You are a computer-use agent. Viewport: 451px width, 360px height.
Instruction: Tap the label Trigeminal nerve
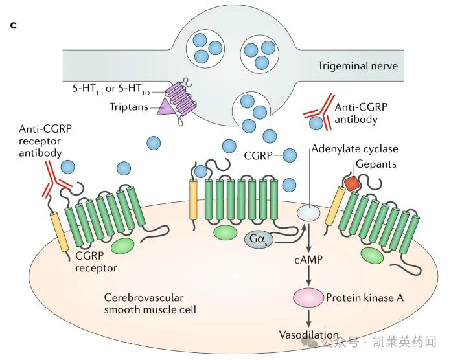pyautogui.click(x=357, y=66)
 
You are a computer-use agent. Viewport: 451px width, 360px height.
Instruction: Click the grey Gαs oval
pyautogui.click(x=257, y=240)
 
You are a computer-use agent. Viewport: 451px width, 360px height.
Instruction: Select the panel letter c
pyautogui.click(x=13, y=25)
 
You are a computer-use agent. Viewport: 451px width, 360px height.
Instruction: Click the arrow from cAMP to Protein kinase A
pyautogui.click(x=308, y=275)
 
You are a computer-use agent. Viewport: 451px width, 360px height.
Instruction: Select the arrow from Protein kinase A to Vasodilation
pyautogui.click(x=308, y=317)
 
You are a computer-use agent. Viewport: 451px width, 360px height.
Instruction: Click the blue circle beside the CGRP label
pyautogui.click(x=290, y=155)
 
